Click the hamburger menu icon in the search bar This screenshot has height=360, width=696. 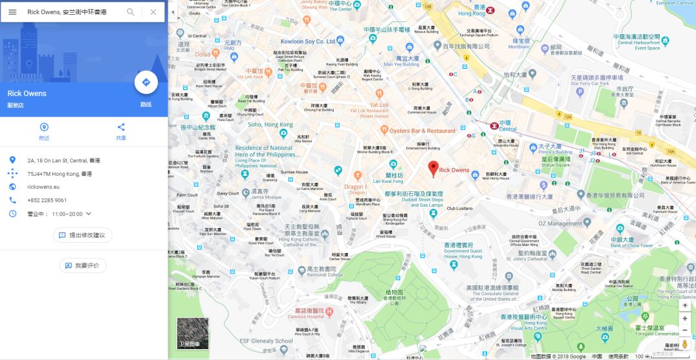(12, 12)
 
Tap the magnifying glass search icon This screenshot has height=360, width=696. (131, 12)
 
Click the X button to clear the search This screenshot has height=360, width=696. (153, 12)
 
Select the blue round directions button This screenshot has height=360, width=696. (146, 82)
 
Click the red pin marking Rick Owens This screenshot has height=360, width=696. (434, 168)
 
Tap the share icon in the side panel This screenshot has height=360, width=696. (121, 127)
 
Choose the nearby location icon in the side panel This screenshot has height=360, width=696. (44, 127)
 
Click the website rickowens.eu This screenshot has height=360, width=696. (44, 187)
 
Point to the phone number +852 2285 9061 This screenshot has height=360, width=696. (47, 200)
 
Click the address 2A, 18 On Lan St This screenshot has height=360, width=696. (63, 160)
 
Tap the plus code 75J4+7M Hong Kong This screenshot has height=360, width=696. (59, 174)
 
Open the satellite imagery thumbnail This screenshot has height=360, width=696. (193, 334)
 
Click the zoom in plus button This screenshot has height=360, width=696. (685, 319)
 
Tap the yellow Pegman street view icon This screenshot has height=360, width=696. (685, 345)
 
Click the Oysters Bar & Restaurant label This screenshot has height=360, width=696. (422, 131)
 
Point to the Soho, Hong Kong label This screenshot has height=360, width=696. (270, 124)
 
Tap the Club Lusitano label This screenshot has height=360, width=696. (460, 209)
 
